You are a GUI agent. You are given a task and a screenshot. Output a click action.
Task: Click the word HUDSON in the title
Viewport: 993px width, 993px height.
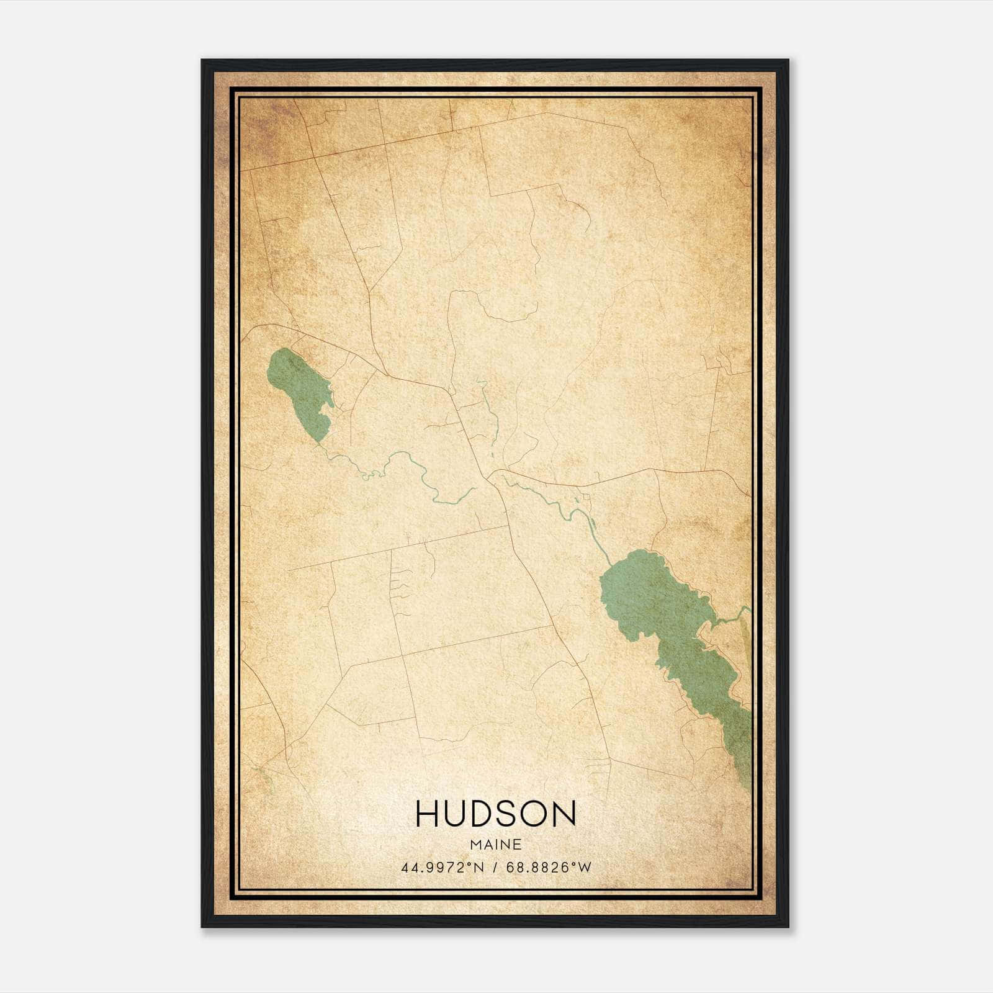tap(496, 814)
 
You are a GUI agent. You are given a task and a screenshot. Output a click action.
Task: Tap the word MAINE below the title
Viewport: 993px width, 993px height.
tap(496, 845)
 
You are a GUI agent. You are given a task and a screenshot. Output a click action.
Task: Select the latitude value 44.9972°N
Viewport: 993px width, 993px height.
tap(441, 868)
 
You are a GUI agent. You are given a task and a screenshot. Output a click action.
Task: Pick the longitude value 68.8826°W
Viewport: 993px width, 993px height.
tap(549, 868)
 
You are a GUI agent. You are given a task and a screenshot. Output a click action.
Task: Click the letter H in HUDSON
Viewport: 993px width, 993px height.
tap(427, 814)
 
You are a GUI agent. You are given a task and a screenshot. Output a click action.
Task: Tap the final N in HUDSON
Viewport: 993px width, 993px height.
tap(565, 814)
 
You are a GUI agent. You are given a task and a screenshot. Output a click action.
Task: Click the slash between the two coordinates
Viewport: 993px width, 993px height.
tap(494, 868)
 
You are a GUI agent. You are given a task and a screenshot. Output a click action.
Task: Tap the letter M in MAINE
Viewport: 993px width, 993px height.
tap(477, 845)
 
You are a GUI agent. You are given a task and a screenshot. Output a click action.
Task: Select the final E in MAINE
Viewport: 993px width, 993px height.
tap(518, 845)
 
